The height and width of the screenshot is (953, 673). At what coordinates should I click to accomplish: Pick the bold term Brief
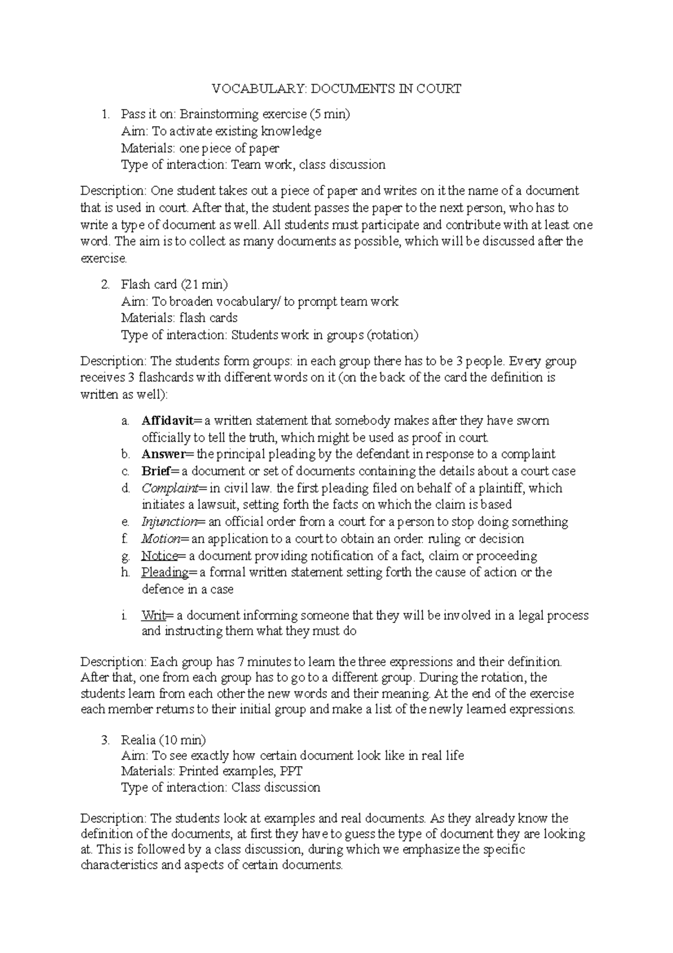pyautogui.click(x=155, y=471)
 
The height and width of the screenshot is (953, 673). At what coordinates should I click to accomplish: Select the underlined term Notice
pyautogui.click(x=159, y=556)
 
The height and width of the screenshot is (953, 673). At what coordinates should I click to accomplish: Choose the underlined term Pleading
pyautogui.click(x=164, y=572)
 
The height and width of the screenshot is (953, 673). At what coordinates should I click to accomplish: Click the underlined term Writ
pyautogui.click(x=153, y=615)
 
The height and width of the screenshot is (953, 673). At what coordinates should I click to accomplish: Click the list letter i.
pyautogui.click(x=123, y=615)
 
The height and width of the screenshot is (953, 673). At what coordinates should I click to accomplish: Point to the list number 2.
pyautogui.click(x=105, y=284)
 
